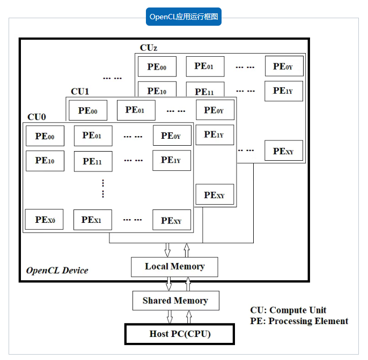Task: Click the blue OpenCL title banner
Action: (183, 17)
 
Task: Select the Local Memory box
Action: (175, 267)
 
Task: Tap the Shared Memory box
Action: (176, 301)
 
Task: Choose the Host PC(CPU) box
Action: (180, 334)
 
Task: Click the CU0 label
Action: (36, 117)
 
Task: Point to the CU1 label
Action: (80, 92)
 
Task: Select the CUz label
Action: (149, 48)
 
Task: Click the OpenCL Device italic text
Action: (57, 271)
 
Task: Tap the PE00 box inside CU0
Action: (45, 136)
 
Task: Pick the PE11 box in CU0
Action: (93, 161)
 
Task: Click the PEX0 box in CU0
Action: (45, 220)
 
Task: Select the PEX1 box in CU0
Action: (93, 220)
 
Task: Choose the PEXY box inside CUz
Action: (284, 151)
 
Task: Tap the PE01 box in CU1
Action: (136, 110)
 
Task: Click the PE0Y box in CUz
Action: (284, 66)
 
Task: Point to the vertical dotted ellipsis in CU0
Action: (103, 189)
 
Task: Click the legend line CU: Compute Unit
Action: (288, 310)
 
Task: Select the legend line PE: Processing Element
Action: (299, 321)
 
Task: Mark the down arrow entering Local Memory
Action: (167, 250)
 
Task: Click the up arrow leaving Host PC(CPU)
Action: (189, 317)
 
